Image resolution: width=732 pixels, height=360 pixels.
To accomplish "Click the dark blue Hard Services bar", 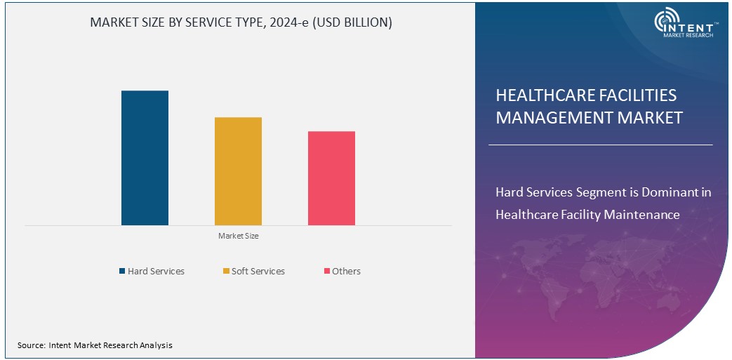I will (145, 158).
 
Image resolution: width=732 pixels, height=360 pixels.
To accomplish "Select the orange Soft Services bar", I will (238, 171).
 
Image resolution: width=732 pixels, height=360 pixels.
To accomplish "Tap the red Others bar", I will (331, 178).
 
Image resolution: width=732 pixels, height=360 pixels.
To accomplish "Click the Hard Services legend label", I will (156, 271).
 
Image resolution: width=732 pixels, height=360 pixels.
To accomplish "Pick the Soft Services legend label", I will (258, 271).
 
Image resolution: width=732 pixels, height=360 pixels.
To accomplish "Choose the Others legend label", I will (346, 271).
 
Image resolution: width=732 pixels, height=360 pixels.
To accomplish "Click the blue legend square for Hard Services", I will (122, 271).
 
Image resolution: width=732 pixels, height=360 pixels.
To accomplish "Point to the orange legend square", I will (226, 271).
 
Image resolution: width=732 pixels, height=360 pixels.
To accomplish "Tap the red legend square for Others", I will (326, 271).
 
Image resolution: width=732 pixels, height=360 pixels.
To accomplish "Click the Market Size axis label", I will (238, 236).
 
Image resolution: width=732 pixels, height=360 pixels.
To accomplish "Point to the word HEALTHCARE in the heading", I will (540, 95).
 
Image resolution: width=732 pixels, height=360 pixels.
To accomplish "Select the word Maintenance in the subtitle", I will (646, 214).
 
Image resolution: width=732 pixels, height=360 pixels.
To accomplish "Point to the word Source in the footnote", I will (31, 345).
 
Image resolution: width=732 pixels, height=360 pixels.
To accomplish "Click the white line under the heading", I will (600, 145).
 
